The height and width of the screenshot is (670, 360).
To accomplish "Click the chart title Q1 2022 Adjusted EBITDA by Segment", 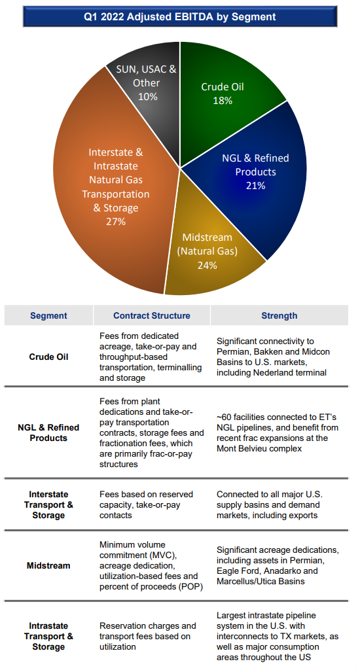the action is pyautogui.click(x=180, y=17).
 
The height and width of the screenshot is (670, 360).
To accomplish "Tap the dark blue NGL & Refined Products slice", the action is pyautogui.click(x=261, y=179).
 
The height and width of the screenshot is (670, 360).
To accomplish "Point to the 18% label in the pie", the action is pyautogui.click(x=223, y=101).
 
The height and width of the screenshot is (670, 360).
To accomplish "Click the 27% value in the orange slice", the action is pyautogui.click(x=116, y=221).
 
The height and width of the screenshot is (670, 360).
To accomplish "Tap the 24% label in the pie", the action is pyautogui.click(x=207, y=266).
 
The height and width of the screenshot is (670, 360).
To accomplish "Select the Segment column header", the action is pyautogui.click(x=48, y=316).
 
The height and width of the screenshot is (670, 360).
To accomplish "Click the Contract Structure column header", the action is pyautogui.click(x=152, y=316).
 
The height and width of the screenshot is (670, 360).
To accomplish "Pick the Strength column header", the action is pyautogui.click(x=279, y=316).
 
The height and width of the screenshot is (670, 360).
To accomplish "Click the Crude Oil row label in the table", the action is pyautogui.click(x=48, y=357).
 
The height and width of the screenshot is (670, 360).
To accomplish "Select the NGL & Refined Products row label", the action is pyautogui.click(x=48, y=433).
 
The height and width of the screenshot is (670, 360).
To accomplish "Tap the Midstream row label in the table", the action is pyautogui.click(x=48, y=566).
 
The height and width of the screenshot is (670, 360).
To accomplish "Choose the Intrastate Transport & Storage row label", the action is pyautogui.click(x=48, y=636).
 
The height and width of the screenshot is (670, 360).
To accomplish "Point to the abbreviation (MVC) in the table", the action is pyautogui.click(x=165, y=555).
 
